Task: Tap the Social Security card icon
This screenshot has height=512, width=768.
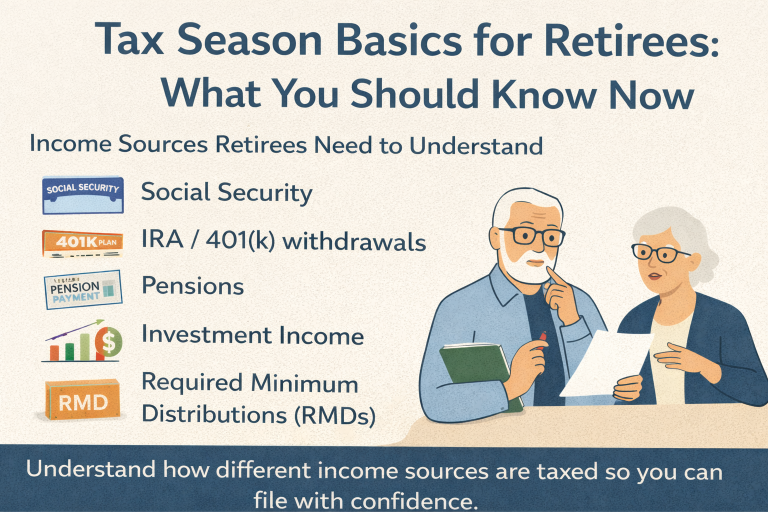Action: coord(83,195)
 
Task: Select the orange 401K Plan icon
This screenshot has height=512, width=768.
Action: coord(83,243)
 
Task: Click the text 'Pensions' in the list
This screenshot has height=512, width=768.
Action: coord(192,286)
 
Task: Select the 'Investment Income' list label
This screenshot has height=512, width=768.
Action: coord(252,335)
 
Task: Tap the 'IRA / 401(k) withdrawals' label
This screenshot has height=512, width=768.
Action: coord(283,241)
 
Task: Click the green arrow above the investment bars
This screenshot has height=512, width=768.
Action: coord(80,329)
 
